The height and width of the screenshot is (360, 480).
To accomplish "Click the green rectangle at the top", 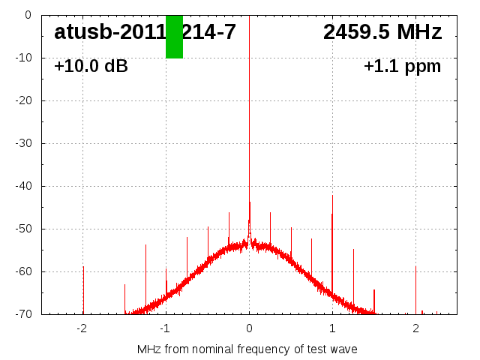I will point(174,36).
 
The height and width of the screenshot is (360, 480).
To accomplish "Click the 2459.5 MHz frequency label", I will point(382,32).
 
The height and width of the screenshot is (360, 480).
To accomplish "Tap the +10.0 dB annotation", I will point(91,66).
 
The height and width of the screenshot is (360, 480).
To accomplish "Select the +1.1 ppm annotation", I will point(402,66).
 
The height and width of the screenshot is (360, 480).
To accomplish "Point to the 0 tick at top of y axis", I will point(27,15).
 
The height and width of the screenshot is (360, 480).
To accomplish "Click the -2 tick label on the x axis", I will point(82,328).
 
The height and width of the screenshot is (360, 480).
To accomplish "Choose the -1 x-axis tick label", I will point(165,328).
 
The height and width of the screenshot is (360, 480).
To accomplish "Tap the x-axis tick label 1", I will point(332,328).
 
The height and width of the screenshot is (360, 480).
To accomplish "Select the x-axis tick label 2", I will point(415,328).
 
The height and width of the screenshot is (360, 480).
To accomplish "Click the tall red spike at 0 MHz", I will point(249,112).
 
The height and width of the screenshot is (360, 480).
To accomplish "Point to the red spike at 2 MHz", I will point(415,289).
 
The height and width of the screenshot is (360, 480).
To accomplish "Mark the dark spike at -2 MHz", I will point(83,289).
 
